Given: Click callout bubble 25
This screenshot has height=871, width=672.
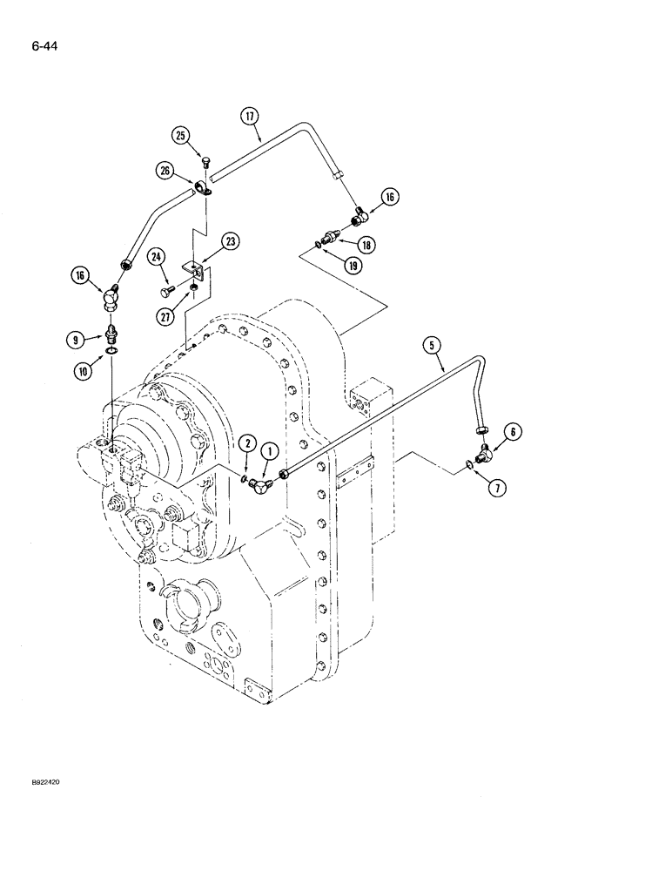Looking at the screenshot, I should (181, 135).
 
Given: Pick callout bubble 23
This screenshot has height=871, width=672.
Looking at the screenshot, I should (231, 241).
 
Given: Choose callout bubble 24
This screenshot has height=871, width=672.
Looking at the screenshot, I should (157, 256).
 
